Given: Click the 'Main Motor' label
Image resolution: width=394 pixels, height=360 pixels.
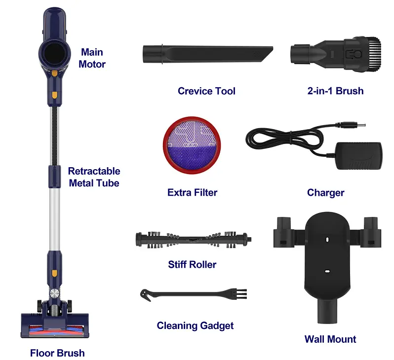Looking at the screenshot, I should (93, 58).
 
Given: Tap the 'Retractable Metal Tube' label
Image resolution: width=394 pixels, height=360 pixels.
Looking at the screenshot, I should (94, 177).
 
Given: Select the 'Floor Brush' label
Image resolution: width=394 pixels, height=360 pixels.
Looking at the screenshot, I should (57, 353).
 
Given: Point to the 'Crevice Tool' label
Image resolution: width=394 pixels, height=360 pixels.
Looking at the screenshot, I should (206, 91).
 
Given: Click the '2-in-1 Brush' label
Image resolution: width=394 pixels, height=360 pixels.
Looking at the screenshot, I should (335, 91).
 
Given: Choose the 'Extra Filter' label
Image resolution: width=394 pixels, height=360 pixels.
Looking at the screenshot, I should (192, 192).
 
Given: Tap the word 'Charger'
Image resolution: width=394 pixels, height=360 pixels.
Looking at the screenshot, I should (325, 192).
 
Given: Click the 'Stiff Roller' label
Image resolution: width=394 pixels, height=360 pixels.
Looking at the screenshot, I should (192, 264).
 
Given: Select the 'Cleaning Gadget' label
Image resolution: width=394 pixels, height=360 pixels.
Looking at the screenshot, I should (195, 325).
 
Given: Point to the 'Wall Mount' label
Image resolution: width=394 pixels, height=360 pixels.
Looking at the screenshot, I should (330, 339).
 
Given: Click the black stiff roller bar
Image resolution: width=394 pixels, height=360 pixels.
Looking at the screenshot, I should (193, 240).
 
